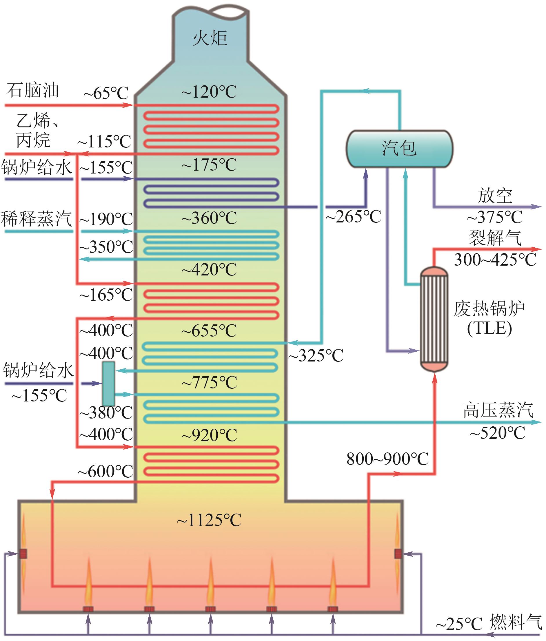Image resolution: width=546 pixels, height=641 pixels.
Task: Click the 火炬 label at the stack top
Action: [210, 38]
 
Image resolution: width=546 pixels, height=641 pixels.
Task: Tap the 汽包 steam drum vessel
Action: [399, 149]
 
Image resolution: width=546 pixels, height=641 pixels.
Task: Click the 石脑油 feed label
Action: [32, 90]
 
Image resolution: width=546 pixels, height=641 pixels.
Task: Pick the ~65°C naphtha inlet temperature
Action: [106, 93]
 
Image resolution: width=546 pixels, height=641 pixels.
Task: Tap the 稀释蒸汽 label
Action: [36, 218]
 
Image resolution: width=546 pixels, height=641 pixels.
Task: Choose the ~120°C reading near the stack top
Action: [209, 92]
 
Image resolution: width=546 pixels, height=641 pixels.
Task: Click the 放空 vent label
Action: [495, 196]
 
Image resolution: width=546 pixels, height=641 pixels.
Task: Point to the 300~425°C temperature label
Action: [495, 260]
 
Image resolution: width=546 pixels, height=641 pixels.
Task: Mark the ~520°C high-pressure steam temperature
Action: [497, 433]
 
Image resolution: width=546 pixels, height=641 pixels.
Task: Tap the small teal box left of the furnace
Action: [109, 383]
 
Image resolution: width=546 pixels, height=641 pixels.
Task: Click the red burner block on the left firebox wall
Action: [23, 554]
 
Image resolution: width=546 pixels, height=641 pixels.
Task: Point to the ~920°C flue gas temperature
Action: [209, 435]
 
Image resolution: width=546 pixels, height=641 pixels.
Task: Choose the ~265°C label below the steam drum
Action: [353, 217]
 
